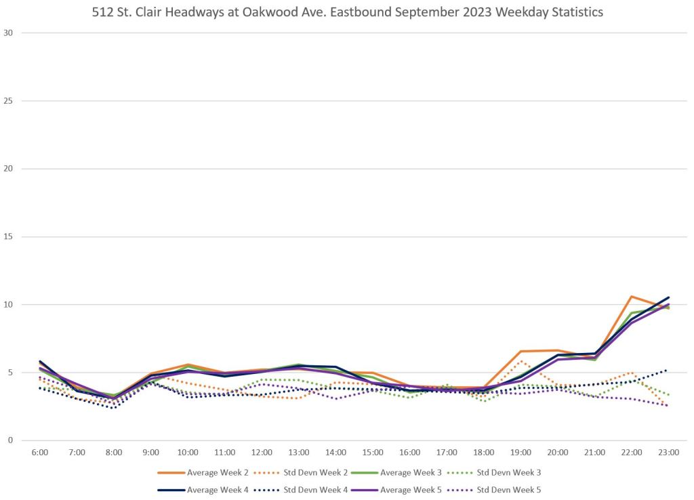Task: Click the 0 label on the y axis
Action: click(x=10, y=440)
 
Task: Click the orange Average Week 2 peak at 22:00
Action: click(x=631, y=297)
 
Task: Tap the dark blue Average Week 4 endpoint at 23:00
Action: click(x=668, y=297)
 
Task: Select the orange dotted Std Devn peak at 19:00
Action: click(x=520, y=361)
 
